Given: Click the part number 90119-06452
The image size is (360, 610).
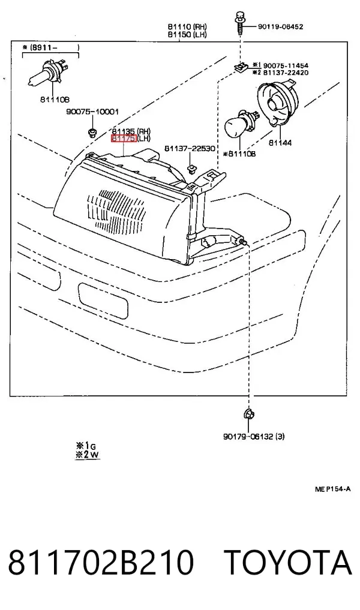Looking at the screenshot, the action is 280,27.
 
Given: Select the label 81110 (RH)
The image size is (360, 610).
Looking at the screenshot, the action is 187,26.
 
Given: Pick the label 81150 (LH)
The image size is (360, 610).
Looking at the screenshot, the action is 187,35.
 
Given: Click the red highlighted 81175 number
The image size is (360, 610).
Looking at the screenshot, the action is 124,139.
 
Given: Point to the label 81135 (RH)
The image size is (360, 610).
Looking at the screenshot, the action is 131,131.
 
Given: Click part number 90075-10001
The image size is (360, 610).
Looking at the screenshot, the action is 92,112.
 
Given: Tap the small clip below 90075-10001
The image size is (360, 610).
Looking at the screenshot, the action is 92,133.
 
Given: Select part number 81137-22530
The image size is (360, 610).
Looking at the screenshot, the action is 190,149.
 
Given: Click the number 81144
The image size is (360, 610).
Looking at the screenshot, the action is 280,143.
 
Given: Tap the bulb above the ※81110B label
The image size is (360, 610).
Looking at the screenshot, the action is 239,125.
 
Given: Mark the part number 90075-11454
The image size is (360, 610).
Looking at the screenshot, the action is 286,65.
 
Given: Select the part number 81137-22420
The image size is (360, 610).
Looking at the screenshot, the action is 286,73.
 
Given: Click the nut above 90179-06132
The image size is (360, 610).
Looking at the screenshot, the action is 247,414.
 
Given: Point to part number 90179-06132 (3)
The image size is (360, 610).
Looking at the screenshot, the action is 254,437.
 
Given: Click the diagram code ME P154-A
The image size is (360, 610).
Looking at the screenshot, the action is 333,489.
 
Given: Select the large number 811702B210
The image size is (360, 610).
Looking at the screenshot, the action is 101,563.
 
